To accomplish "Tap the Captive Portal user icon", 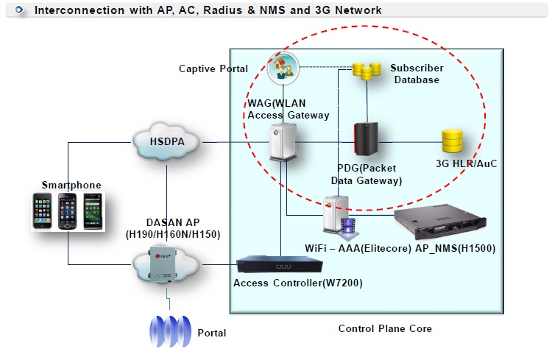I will [x=282, y=68].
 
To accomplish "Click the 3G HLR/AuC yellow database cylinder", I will [x=452, y=141].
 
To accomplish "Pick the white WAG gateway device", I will [x=282, y=142].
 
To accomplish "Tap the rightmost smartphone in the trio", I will [x=93, y=211].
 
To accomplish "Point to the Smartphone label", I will [x=71, y=185].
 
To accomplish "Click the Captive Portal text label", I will [x=213, y=68].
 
